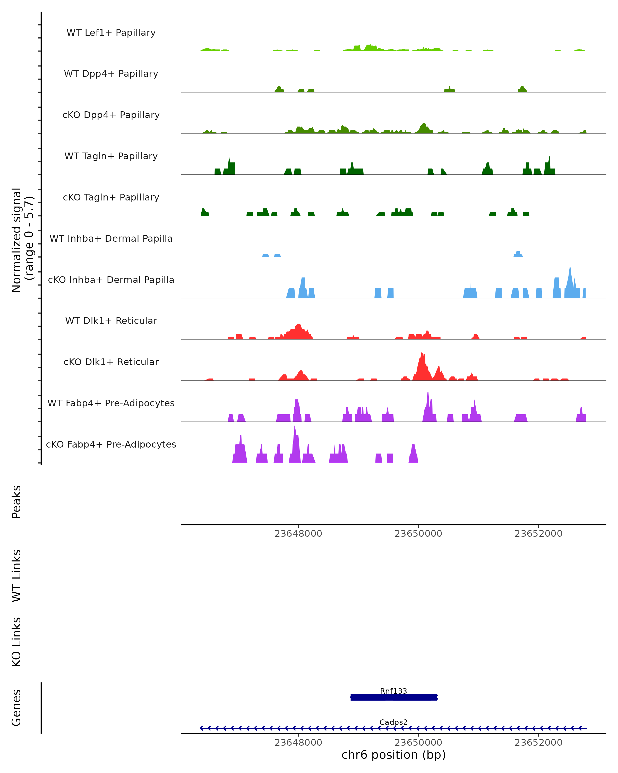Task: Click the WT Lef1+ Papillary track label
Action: pos(111,33)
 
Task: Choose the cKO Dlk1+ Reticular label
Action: pos(111,362)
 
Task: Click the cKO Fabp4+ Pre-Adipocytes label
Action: pos(111,444)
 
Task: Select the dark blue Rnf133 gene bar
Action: pos(393,697)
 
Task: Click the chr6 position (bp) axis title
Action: pos(393,755)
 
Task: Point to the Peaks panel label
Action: pos(16,502)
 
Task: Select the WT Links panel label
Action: pos(16,575)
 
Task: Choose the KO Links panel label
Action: pos(16,642)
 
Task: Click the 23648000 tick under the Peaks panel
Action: pos(298,534)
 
